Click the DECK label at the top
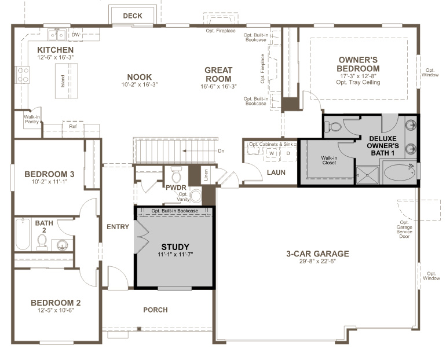tap(133, 16)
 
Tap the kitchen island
tap(60, 80)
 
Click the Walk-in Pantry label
tap(31, 119)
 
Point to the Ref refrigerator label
tap(73, 126)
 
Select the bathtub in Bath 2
tap(23, 234)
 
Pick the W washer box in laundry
tap(271, 153)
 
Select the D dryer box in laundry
tap(287, 153)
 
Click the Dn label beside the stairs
tap(221, 151)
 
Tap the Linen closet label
tap(206, 174)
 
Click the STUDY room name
tap(175, 247)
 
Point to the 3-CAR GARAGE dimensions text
tap(317, 262)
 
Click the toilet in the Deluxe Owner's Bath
tap(334, 127)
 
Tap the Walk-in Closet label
tap(329, 160)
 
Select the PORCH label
tap(155, 310)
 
